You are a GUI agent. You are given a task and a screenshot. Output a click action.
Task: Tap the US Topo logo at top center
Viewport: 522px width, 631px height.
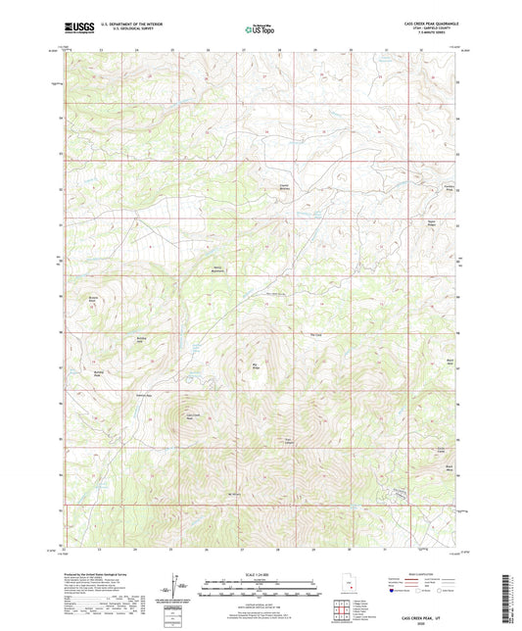point(260,30)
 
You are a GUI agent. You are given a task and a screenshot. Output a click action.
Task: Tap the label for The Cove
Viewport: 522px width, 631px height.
point(315,335)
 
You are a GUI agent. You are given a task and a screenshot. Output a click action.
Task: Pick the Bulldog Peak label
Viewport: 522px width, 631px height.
point(99,373)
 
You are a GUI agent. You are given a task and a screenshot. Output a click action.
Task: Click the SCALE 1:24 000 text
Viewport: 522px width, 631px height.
point(261,573)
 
